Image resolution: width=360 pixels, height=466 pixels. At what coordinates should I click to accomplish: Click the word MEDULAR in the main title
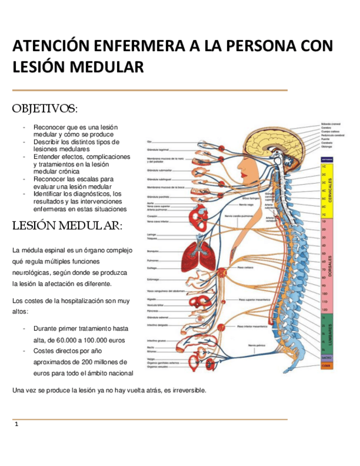pyautogui.click(x=105, y=67)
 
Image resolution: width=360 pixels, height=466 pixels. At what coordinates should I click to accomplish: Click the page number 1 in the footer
pyautogui.click(x=17, y=424)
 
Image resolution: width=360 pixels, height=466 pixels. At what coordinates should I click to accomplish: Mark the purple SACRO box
pyautogui.click(x=326, y=357)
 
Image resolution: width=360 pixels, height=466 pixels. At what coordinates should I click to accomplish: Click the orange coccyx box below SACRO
pyautogui.click(x=326, y=365)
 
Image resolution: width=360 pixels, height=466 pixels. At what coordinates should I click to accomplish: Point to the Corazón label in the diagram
pyautogui.click(x=152, y=216)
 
